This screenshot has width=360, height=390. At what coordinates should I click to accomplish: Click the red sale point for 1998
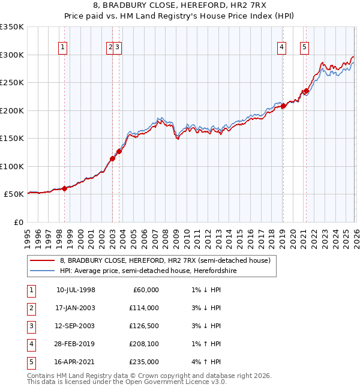65,188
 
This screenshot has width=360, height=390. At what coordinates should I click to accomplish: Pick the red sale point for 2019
283,106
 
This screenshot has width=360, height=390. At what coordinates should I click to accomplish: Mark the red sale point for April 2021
305,91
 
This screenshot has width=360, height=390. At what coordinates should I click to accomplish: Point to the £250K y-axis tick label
12,83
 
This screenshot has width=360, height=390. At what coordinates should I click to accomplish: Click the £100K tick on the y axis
12,166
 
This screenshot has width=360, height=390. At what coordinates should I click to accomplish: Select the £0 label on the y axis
18,222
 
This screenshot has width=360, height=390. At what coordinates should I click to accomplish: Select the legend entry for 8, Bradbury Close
165,261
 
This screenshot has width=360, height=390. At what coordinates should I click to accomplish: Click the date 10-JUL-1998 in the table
76,290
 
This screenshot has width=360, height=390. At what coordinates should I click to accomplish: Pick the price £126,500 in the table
144,326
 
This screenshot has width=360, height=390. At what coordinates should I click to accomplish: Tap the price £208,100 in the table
144,344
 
